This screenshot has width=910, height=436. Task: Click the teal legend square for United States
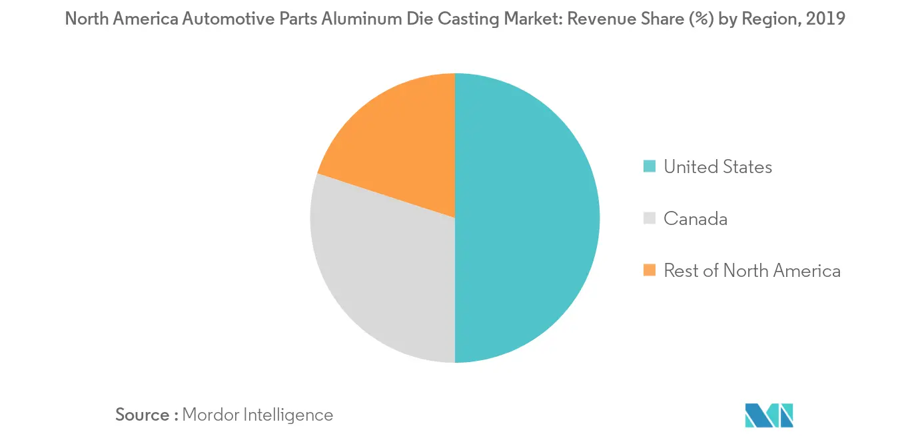pyautogui.click(x=649, y=166)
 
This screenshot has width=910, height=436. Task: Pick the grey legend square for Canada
pyautogui.click(x=649, y=218)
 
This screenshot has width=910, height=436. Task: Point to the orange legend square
pyautogui.click(x=649, y=270)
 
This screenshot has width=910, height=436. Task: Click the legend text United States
pyautogui.click(x=717, y=166)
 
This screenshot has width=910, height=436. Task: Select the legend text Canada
pyautogui.click(x=695, y=218)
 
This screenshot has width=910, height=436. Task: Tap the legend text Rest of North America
pyautogui.click(x=751, y=270)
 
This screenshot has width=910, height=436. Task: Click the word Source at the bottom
pyautogui.click(x=143, y=415)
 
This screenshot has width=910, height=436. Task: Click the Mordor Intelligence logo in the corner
pyautogui.click(x=769, y=415)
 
